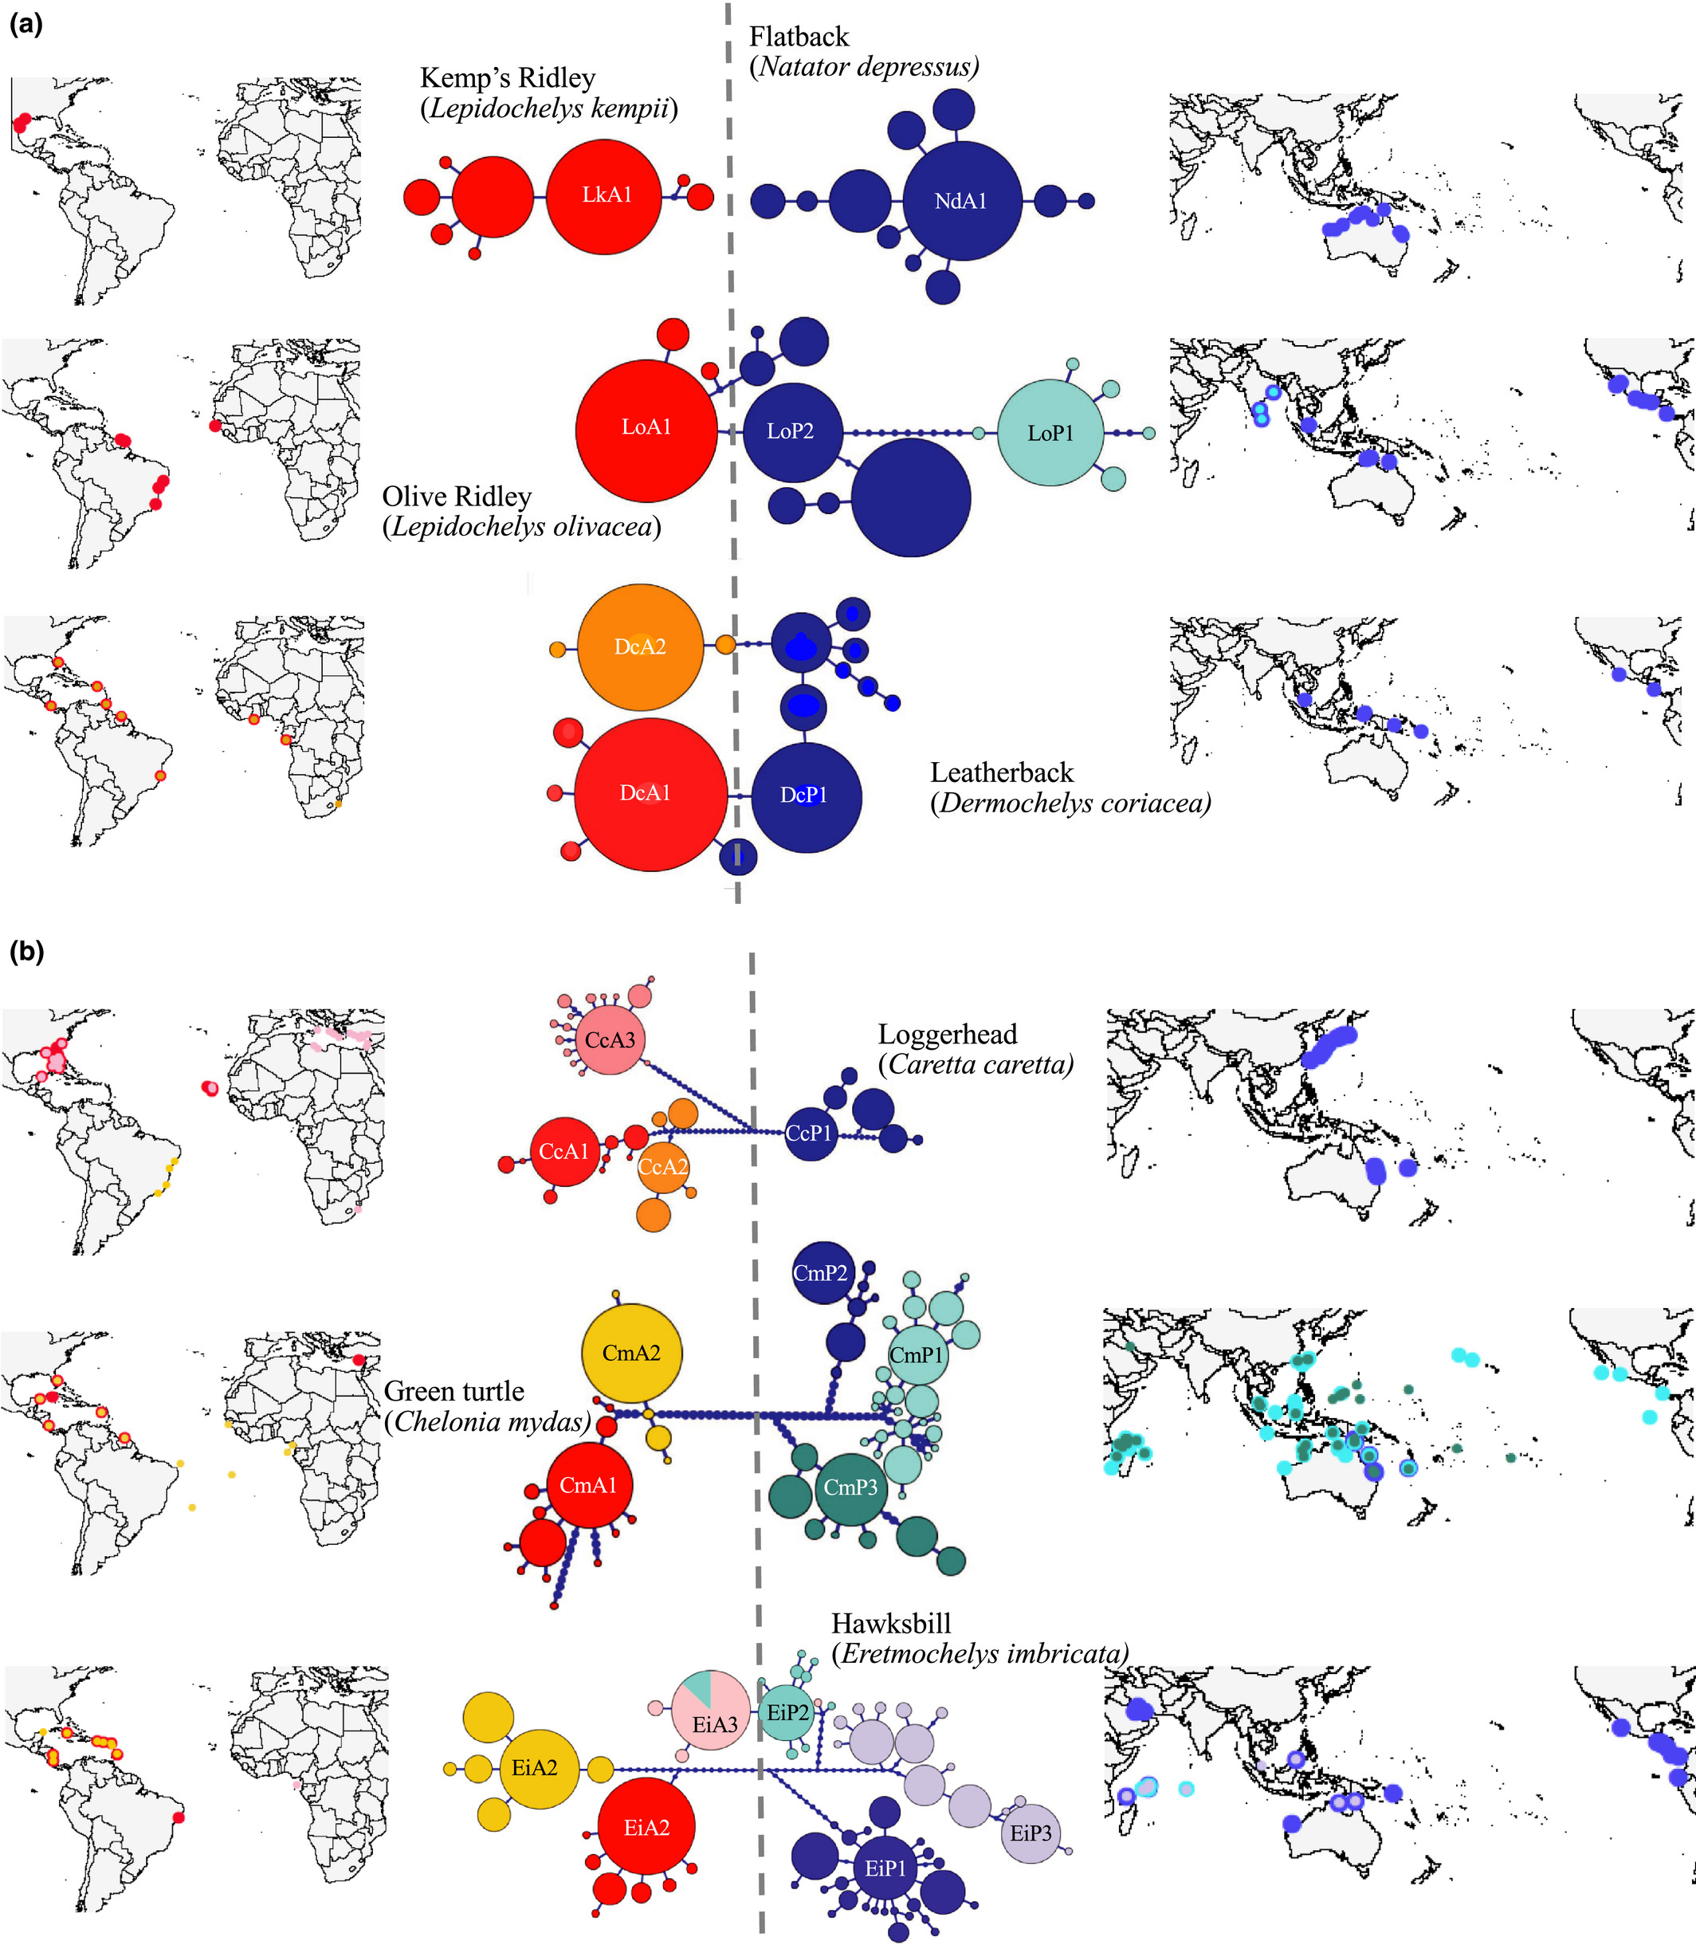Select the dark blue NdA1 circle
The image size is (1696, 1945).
[x=961, y=201]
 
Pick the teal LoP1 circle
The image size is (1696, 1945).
[x=1050, y=434]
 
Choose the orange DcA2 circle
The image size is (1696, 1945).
[x=640, y=647]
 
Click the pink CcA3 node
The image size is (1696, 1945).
[x=610, y=1040]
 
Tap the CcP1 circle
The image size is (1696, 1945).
[x=810, y=1133]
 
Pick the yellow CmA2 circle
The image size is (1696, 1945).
[x=631, y=1354]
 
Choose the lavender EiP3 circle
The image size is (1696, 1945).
[x=1031, y=1833]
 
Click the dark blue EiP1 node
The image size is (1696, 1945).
[x=885, y=1868]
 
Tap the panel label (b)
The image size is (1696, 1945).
[x=26, y=951]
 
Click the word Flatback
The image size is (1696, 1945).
[x=799, y=37]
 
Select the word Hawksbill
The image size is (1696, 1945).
[x=890, y=1623]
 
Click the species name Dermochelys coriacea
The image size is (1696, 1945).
[x=1070, y=804]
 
